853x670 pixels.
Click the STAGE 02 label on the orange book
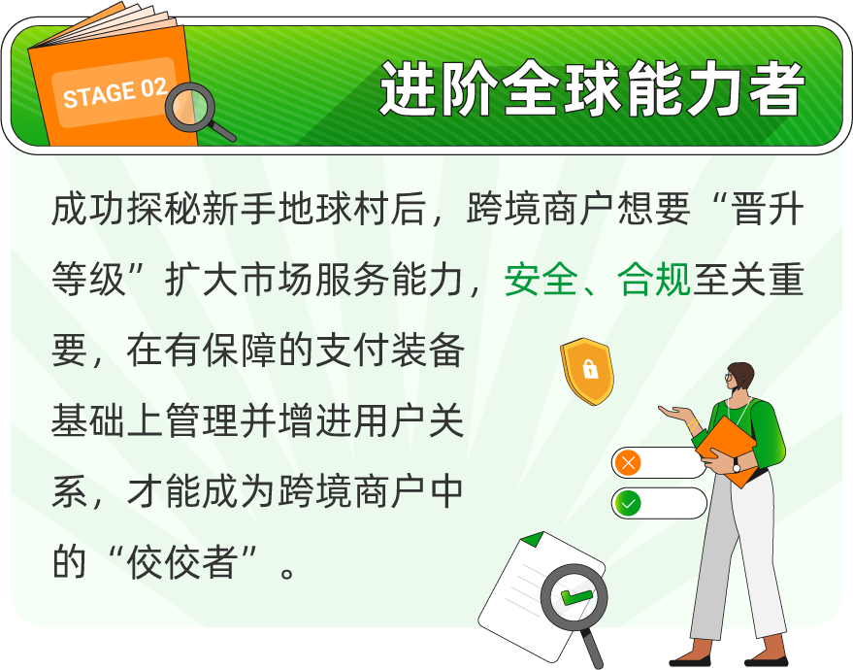(x=115, y=93)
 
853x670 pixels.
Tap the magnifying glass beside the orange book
(x=196, y=111)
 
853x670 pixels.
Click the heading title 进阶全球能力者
(x=592, y=88)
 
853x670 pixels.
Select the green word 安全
(x=541, y=280)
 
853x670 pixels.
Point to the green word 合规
(x=654, y=280)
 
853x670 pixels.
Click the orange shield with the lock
(x=587, y=371)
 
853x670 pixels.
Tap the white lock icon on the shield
(x=590, y=369)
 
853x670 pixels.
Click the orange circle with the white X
(x=628, y=463)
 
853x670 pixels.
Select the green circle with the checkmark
(x=628, y=503)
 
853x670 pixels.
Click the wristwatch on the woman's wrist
(x=736, y=466)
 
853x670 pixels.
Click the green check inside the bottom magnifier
(x=575, y=596)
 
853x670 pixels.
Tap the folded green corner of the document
(x=532, y=539)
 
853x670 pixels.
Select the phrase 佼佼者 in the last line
(x=182, y=562)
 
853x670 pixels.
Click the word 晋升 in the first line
(x=768, y=209)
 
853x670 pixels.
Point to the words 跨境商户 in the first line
(x=541, y=209)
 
